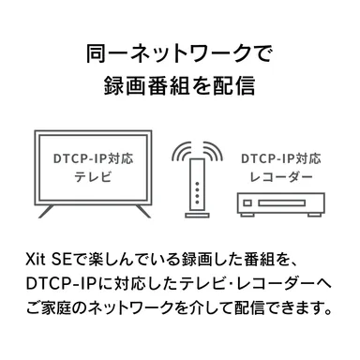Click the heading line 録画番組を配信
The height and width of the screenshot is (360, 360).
click(x=179, y=86)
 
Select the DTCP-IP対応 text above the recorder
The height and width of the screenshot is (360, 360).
click(x=278, y=160)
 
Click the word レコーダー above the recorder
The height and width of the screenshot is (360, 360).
click(x=278, y=179)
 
